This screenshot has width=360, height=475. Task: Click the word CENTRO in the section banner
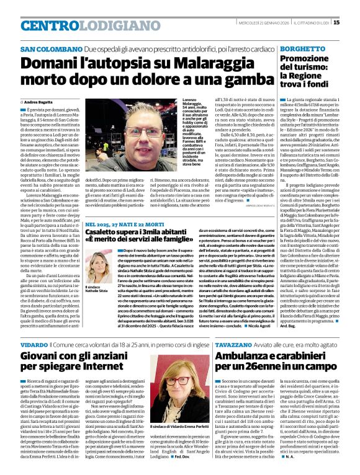(x=45, y=25)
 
